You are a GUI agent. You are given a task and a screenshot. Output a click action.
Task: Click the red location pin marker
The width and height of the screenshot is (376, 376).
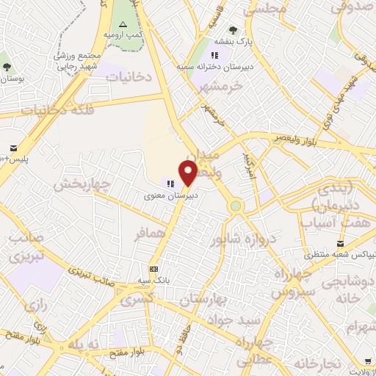tap(189, 173)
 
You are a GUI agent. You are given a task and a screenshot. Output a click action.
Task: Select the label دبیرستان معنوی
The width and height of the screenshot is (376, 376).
tap(170, 196)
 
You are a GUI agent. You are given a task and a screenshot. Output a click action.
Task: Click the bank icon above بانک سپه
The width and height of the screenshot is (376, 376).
tap(153, 269)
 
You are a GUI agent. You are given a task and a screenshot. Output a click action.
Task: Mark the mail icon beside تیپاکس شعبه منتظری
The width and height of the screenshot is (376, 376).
tap(340, 244)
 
